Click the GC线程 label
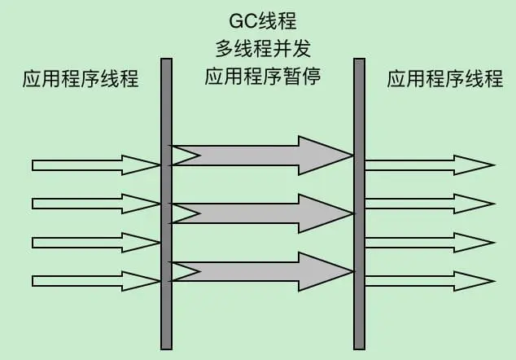tap(262, 17)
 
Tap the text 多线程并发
tap(262, 46)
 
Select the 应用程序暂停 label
tap(262, 77)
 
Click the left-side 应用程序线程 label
tap(81, 79)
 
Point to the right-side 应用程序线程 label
tap(444, 79)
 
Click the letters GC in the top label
tap(242, 17)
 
